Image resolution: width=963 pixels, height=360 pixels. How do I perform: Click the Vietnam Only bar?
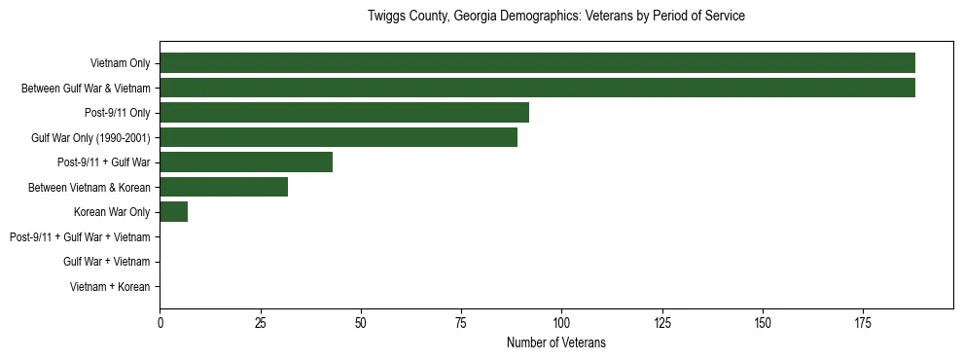537,63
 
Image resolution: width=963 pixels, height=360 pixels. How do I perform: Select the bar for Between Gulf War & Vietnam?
537,88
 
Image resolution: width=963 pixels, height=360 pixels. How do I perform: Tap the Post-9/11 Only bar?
344,113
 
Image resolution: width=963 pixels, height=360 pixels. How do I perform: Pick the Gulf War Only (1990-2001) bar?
339,137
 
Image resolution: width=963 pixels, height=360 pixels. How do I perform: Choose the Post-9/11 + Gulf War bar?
246,162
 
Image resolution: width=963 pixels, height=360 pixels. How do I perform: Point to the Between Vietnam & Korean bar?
224,187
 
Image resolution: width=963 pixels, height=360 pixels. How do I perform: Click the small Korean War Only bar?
174,212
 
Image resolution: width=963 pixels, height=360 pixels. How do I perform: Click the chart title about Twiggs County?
556,17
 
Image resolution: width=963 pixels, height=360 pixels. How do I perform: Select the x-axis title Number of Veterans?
556,342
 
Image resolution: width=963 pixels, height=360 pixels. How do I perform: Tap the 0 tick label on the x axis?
160,321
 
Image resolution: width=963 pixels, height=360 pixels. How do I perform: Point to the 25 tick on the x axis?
261,321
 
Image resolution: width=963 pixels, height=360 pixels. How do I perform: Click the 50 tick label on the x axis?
361,321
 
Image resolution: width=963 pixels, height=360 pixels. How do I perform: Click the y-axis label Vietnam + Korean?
110,287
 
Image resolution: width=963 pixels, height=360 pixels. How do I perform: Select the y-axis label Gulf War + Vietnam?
107,262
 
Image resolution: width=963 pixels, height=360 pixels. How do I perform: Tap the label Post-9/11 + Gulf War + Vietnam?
80,237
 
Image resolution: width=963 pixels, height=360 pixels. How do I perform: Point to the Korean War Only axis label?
112,212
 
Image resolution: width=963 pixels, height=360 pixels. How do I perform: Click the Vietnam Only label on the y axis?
120,63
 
